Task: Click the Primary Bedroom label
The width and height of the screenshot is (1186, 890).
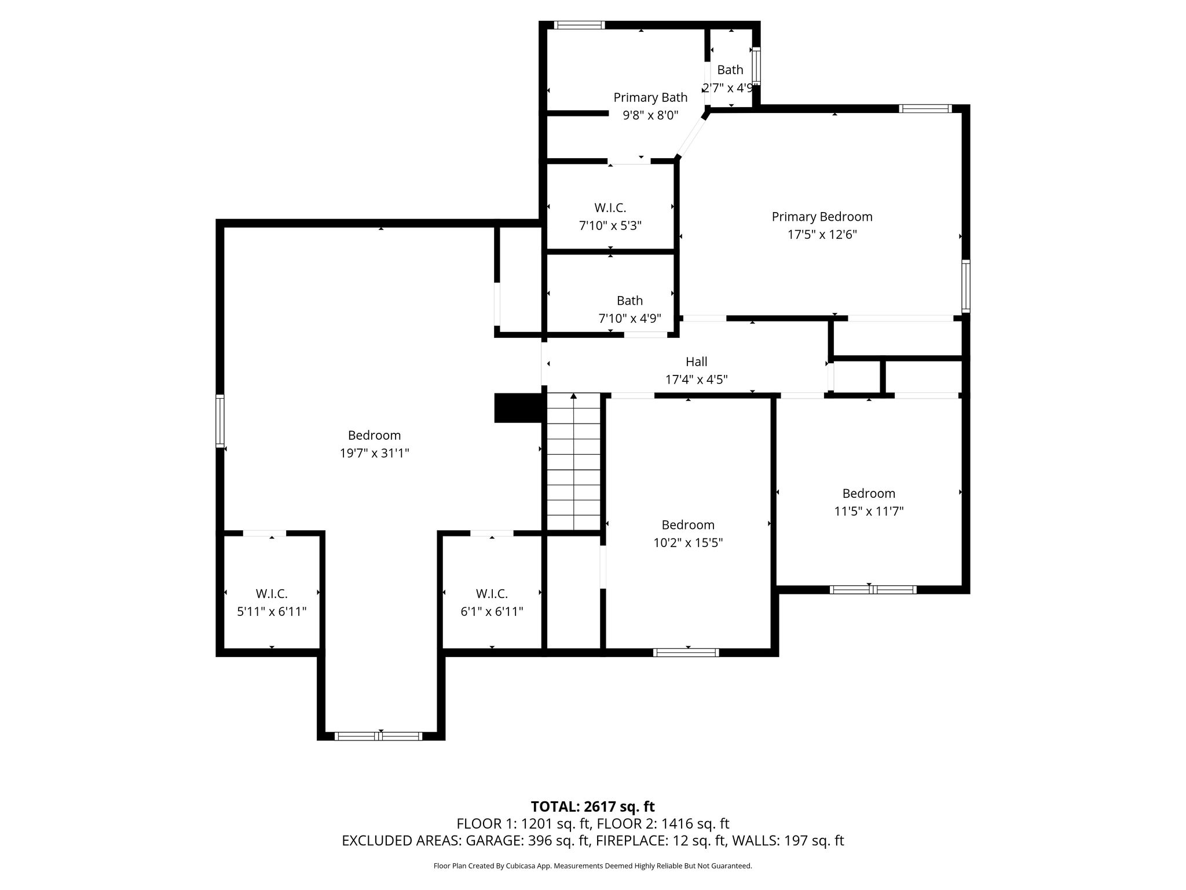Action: coord(822,217)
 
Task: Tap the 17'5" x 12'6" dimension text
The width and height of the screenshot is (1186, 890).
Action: coord(822,235)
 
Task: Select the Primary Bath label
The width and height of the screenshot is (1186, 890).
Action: coord(650,97)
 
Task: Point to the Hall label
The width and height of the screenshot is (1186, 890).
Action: coord(696,362)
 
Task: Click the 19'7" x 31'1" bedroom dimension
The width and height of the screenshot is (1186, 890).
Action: coord(374,453)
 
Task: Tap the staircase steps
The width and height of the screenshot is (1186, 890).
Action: coord(573,462)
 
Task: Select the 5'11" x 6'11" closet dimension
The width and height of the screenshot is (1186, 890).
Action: coord(272,612)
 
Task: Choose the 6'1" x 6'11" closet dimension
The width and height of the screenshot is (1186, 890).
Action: coord(492,612)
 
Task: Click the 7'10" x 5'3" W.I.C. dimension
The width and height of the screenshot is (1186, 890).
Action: coord(610,225)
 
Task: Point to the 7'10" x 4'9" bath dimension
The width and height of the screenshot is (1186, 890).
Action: coord(629,319)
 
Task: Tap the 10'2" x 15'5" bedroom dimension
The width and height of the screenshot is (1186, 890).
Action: coord(688,543)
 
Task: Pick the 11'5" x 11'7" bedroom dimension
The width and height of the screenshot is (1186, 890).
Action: coord(869,511)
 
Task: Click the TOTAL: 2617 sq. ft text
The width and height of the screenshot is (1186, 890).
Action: coord(592,807)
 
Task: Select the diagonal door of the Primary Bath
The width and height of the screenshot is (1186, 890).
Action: coord(692,135)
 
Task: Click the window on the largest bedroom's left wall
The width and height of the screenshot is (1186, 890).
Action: coord(220,421)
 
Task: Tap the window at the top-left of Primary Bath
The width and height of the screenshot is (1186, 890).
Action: coord(579,25)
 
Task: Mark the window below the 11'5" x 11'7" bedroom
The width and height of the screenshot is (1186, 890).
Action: coord(873,590)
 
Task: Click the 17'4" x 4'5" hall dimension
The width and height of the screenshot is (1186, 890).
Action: coord(696,380)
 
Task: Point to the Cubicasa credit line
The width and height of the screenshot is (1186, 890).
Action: coord(592,866)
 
